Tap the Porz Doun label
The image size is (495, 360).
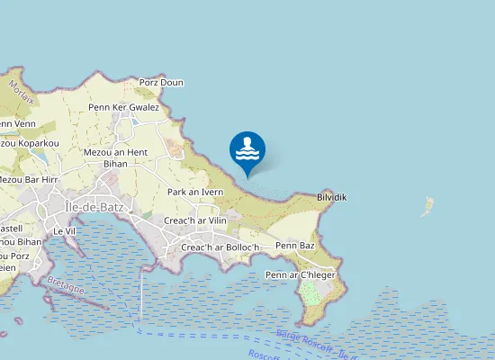point(161,83)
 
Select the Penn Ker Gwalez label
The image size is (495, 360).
point(124,108)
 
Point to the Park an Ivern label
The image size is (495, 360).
point(195,192)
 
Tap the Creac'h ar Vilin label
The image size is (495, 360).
point(195,220)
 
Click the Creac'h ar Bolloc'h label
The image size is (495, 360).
point(220,247)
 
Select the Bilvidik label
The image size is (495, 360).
point(332,196)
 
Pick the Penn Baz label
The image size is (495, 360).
point(295,245)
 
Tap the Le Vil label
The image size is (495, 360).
point(64,231)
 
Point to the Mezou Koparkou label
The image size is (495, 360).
point(29,143)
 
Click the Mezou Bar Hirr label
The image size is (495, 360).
point(27,180)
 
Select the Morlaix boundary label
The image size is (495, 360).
point(22,93)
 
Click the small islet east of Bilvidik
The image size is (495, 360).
point(427,208)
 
